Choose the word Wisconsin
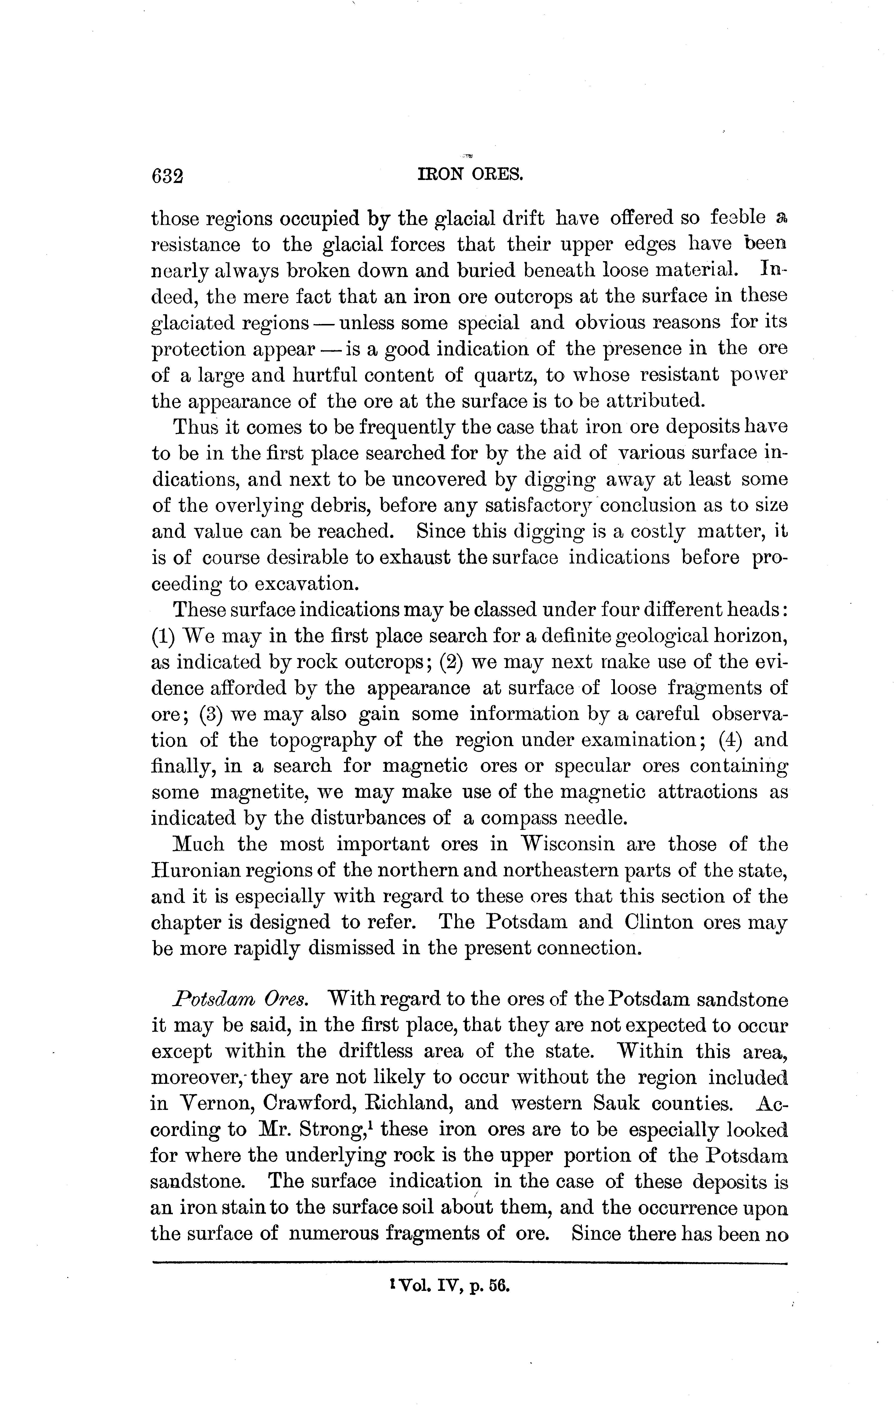pos(568,845)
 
